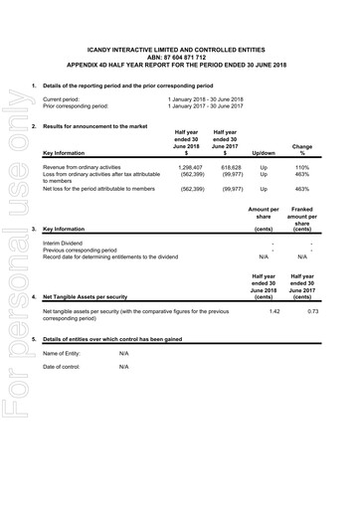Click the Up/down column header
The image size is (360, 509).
click(264, 153)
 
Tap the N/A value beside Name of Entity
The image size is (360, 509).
click(124, 353)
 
